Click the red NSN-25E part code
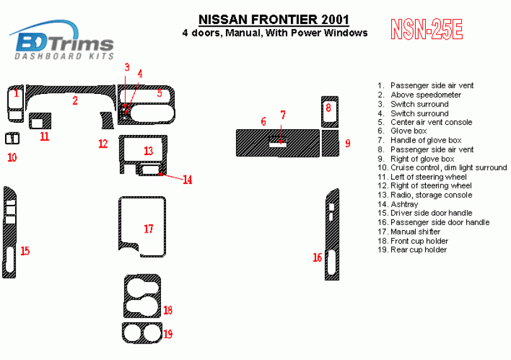click(x=426, y=30)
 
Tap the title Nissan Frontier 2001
click(x=274, y=20)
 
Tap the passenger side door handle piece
click(x=332, y=235)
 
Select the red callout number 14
click(x=187, y=180)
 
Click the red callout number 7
click(x=283, y=115)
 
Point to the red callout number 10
click(x=12, y=158)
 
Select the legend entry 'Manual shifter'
click(x=409, y=231)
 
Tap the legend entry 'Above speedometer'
click(x=420, y=95)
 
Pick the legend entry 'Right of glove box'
click(x=416, y=159)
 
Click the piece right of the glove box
click(x=330, y=143)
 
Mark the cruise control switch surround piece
click(x=13, y=139)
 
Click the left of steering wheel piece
click(x=40, y=116)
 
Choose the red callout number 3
click(x=127, y=67)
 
